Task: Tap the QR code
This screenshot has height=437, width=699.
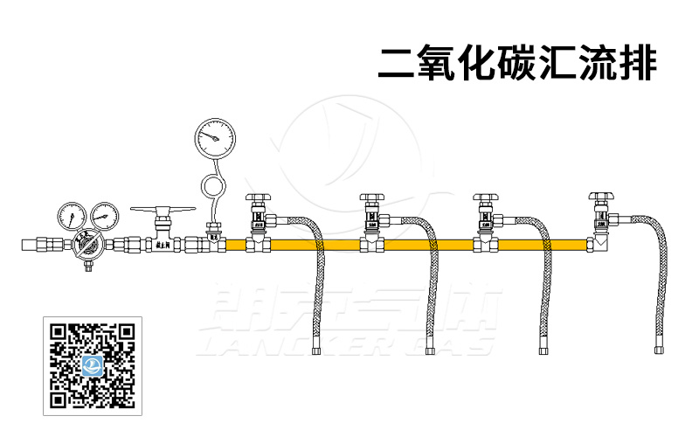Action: click(91, 365)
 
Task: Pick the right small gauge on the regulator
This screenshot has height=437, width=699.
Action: click(104, 215)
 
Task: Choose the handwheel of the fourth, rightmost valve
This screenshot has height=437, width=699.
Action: click(600, 196)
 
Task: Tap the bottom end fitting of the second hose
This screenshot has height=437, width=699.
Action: click(431, 351)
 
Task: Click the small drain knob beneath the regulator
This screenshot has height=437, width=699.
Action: click(87, 266)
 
